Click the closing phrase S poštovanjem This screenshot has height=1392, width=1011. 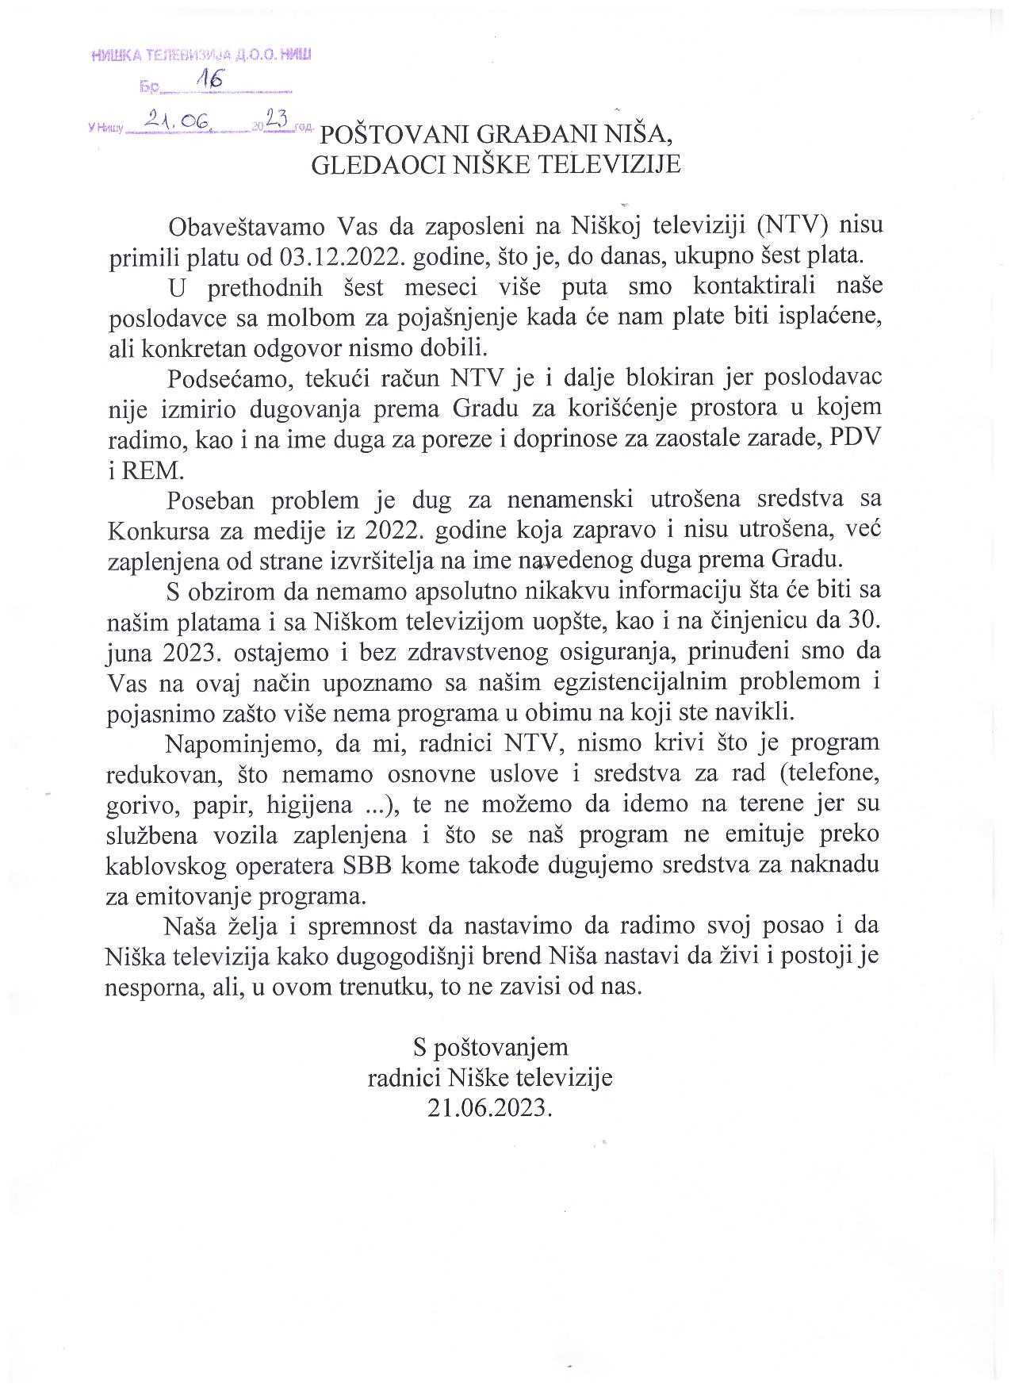(x=490, y=1047)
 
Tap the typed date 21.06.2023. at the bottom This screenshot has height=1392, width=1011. (x=488, y=1107)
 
